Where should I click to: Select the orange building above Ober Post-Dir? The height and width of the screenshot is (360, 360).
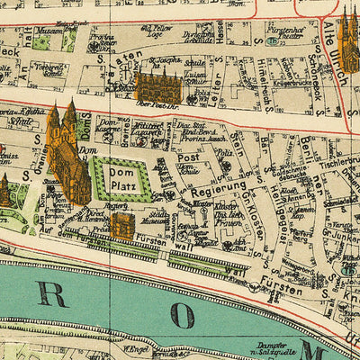pos(158,86)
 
